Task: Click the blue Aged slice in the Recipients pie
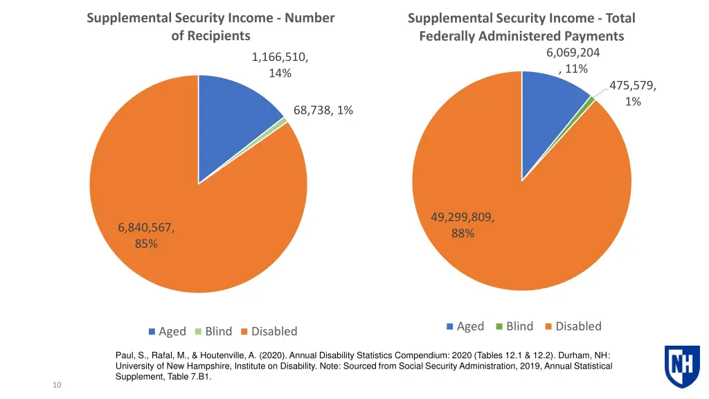click(232, 125)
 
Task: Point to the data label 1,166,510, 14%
click(280, 65)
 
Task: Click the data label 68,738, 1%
click(323, 110)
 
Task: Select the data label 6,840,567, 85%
click(146, 235)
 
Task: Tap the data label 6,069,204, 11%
click(573, 60)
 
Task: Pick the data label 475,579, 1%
click(633, 94)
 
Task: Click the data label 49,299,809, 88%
click(463, 226)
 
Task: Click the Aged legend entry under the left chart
click(167, 331)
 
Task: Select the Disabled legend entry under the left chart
click(269, 331)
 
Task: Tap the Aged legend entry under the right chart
click(465, 326)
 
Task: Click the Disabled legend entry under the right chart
click(573, 326)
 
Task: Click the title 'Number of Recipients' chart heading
click(210, 26)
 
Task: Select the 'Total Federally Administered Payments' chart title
click(521, 27)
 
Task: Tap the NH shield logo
click(682, 366)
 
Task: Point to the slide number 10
click(57, 385)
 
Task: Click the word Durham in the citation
click(572, 355)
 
